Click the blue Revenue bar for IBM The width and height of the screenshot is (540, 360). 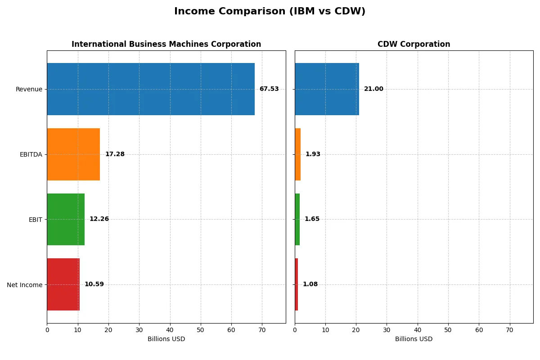click(151, 89)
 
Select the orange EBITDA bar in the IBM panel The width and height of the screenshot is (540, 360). click(73, 154)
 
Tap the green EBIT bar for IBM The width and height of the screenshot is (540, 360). click(66, 219)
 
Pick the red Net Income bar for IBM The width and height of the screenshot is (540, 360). click(63, 284)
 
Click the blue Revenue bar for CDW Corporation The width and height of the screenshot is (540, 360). click(327, 89)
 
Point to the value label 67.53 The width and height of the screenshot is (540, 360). click(269, 89)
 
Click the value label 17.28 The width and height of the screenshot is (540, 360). click(115, 154)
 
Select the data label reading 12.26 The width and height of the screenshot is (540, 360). click(99, 219)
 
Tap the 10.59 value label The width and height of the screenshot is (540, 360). click(94, 284)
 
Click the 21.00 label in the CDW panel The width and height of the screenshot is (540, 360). click(373, 89)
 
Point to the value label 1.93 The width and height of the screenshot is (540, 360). click(313, 154)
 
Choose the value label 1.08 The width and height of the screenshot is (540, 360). click(310, 284)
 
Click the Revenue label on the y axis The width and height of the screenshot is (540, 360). click(29, 89)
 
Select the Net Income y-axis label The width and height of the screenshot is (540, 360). click(25, 285)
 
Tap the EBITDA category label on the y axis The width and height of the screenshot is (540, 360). click(31, 154)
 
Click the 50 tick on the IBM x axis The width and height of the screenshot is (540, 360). click(201, 330)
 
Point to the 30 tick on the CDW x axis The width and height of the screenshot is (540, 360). click(387, 330)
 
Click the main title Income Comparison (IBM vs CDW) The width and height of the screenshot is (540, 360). click(270, 12)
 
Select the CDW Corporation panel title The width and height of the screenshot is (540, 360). click(414, 44)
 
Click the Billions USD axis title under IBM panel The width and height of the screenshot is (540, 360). click(166, 339)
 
